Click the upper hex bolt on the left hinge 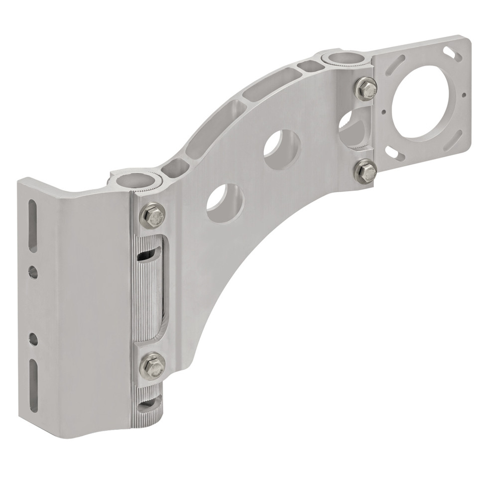tap(153, 214)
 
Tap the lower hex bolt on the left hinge tap(153, 365)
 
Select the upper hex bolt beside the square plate tap(366, 88)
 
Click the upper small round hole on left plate tap(33, 272)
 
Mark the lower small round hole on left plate tap(33, 339)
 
